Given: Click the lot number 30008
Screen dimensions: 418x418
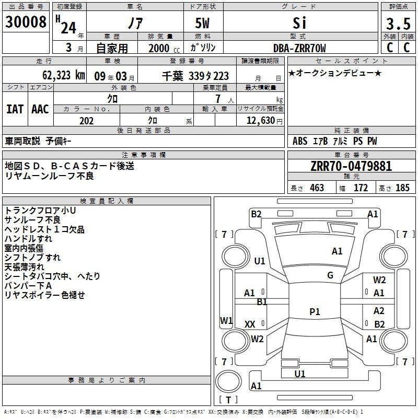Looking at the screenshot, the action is tap(26, 22).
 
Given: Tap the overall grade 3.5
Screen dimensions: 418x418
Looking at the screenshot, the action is tap(398, 24).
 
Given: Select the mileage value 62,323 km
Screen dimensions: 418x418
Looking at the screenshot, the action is tap(64, 75).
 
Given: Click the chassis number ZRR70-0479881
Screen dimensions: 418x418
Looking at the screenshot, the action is tap(351, 166).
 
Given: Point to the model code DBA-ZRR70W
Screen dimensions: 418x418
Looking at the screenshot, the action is tap(299, 48).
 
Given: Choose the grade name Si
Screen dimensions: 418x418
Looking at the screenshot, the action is tap(299, 23).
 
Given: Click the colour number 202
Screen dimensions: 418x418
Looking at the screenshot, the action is tap(86, 121).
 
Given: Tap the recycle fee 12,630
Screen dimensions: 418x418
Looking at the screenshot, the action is tap(261, 121).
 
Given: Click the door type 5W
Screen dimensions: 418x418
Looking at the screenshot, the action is tap(202, 23).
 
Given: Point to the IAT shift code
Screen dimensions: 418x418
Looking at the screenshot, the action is tap(15, 109).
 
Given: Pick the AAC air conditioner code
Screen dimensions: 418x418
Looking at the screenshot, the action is tap(40, 109).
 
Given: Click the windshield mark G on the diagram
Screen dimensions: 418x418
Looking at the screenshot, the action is tap(330, 275).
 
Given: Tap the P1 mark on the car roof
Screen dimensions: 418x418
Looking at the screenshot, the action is tap(315, 311).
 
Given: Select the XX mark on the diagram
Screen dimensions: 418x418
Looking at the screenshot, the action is tap(250, 324).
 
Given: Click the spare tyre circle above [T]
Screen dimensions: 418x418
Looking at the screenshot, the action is tap(228, 381).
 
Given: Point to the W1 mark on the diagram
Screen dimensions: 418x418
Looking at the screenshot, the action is tap(226, 320).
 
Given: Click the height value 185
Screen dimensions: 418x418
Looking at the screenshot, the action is tap(402, 188).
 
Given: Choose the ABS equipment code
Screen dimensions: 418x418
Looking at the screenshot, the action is tap(300, 141).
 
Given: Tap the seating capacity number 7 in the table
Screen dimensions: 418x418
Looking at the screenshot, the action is tap(218, 99).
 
